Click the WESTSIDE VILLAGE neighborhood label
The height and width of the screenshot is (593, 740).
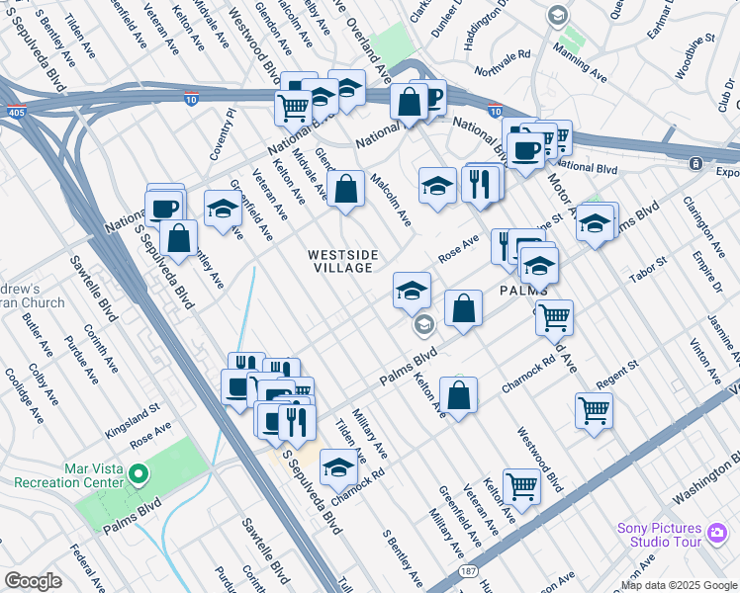click(x=342, y=261)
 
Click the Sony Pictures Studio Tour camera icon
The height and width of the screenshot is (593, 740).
click(x=717, y=534)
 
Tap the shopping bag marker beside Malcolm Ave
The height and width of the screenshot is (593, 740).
click(x=345, y=191)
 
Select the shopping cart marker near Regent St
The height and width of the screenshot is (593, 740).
click(x=594, y=410)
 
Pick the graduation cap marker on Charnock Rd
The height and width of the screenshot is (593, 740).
click(x=339, y=467)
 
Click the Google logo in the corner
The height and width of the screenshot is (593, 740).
click(x=32, y=580)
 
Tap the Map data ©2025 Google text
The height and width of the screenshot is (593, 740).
click(x=679, y=585)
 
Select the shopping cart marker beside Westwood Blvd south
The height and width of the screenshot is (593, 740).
click(x=521, y=485)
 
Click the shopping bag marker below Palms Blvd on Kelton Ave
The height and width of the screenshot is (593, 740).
click(x=459, y=395)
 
